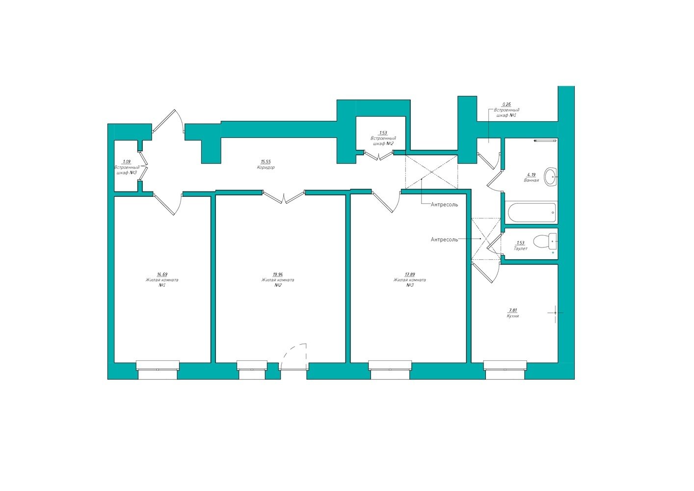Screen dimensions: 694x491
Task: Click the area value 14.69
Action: [162, 274]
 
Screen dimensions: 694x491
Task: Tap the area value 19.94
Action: [278, 274]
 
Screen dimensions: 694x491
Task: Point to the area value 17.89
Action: [410, 274]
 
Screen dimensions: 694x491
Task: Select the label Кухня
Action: [513, 316]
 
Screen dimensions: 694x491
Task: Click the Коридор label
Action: [266, 167]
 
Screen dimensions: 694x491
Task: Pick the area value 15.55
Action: [266, 162]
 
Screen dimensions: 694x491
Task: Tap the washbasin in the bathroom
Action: [551, 177]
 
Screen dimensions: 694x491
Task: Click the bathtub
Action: [532, 213]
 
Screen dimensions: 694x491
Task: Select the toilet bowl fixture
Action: [545, 241]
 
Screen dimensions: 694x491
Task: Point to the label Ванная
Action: [532, 180]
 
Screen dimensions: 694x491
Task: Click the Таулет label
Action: [520, 248]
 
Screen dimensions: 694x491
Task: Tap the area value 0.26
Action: [507, 105]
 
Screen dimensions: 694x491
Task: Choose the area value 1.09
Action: [127, 162]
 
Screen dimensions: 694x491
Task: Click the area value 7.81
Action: [513, 310]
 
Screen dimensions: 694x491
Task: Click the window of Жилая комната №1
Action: [158, 370]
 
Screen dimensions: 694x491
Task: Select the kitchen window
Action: [506, 370]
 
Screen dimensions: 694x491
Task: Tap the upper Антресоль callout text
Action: [444, 205]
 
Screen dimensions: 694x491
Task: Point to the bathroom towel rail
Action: [545, 141]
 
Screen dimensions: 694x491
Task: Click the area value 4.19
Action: [532, 175]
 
